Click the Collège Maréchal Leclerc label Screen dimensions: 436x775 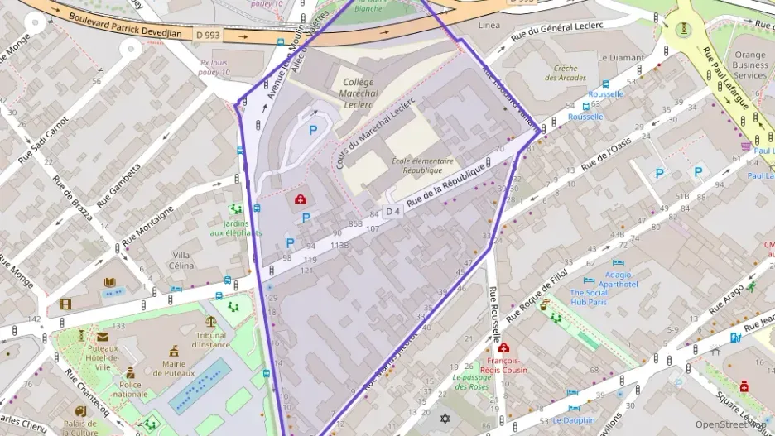pos(358,93)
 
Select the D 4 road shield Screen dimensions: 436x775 pos(393,211)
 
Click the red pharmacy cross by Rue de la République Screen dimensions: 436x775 pos(300,199)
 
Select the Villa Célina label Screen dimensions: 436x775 pos(182,260)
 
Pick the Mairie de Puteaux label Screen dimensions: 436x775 pos(174,369)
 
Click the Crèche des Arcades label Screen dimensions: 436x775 pos(566,73)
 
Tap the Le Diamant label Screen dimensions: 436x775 pos(620,58)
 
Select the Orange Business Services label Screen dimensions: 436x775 pos(750,65)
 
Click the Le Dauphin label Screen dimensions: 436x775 pos(574,419)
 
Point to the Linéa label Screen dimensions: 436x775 pos(489,26)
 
